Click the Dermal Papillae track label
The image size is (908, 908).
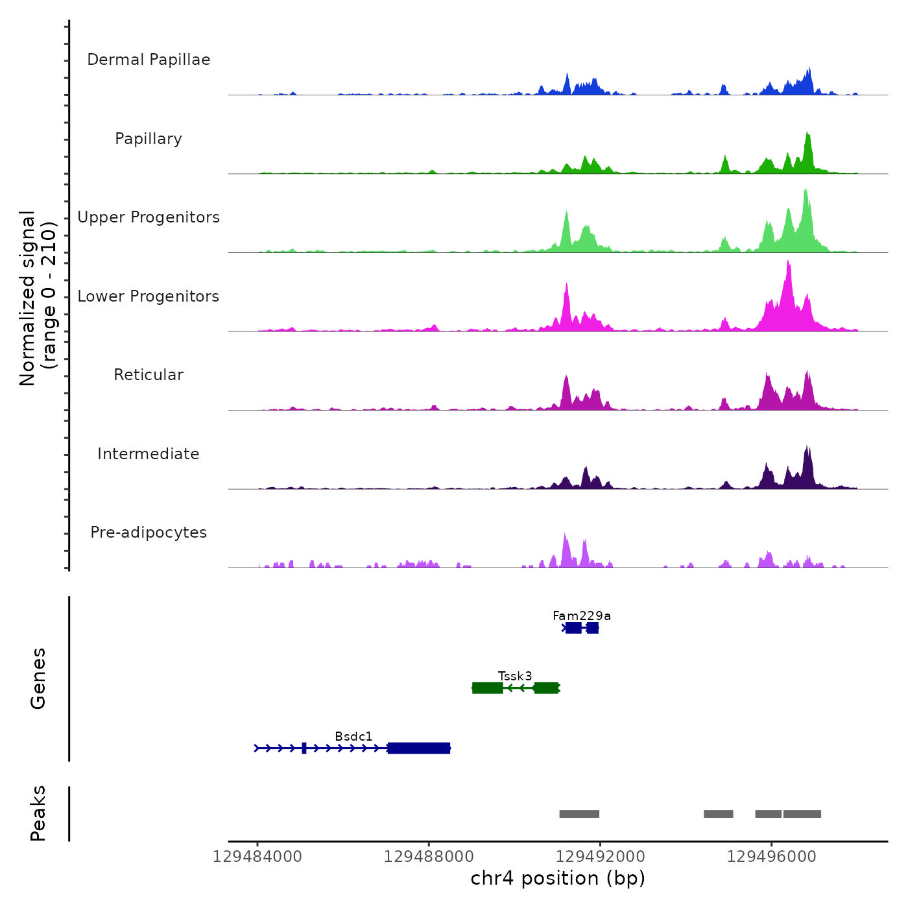[x=149, y=60]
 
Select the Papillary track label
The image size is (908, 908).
[x=149, y=139]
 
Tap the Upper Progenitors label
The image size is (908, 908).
[x=149, y=217]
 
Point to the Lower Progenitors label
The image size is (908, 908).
[x=149, y=296]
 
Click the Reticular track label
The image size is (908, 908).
[x=149, y=375]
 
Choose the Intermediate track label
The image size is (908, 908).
[x=149, y=454]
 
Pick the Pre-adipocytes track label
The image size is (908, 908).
[x=149, y=532]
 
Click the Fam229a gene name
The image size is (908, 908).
[x=582, y=615]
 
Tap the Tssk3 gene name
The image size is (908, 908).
[x=515, y=676]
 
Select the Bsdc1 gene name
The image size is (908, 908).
[x=353, y=736]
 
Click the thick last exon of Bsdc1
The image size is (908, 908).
[x=419, y=748]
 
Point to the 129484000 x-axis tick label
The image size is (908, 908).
[x=257, y=857]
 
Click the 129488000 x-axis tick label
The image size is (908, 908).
[x=429, y=857]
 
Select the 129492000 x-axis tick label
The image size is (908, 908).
[x=601, y=857]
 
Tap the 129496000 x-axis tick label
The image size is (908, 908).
[x=772, y=857]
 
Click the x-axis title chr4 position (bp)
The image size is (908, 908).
[x=558, y=878]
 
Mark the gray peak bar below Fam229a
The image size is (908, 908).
[x=579, y=814]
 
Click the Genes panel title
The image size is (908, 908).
[x=38, y=678]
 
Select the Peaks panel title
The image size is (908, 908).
[x=38, y=813]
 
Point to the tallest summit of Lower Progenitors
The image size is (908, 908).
[x=788, y=261]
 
